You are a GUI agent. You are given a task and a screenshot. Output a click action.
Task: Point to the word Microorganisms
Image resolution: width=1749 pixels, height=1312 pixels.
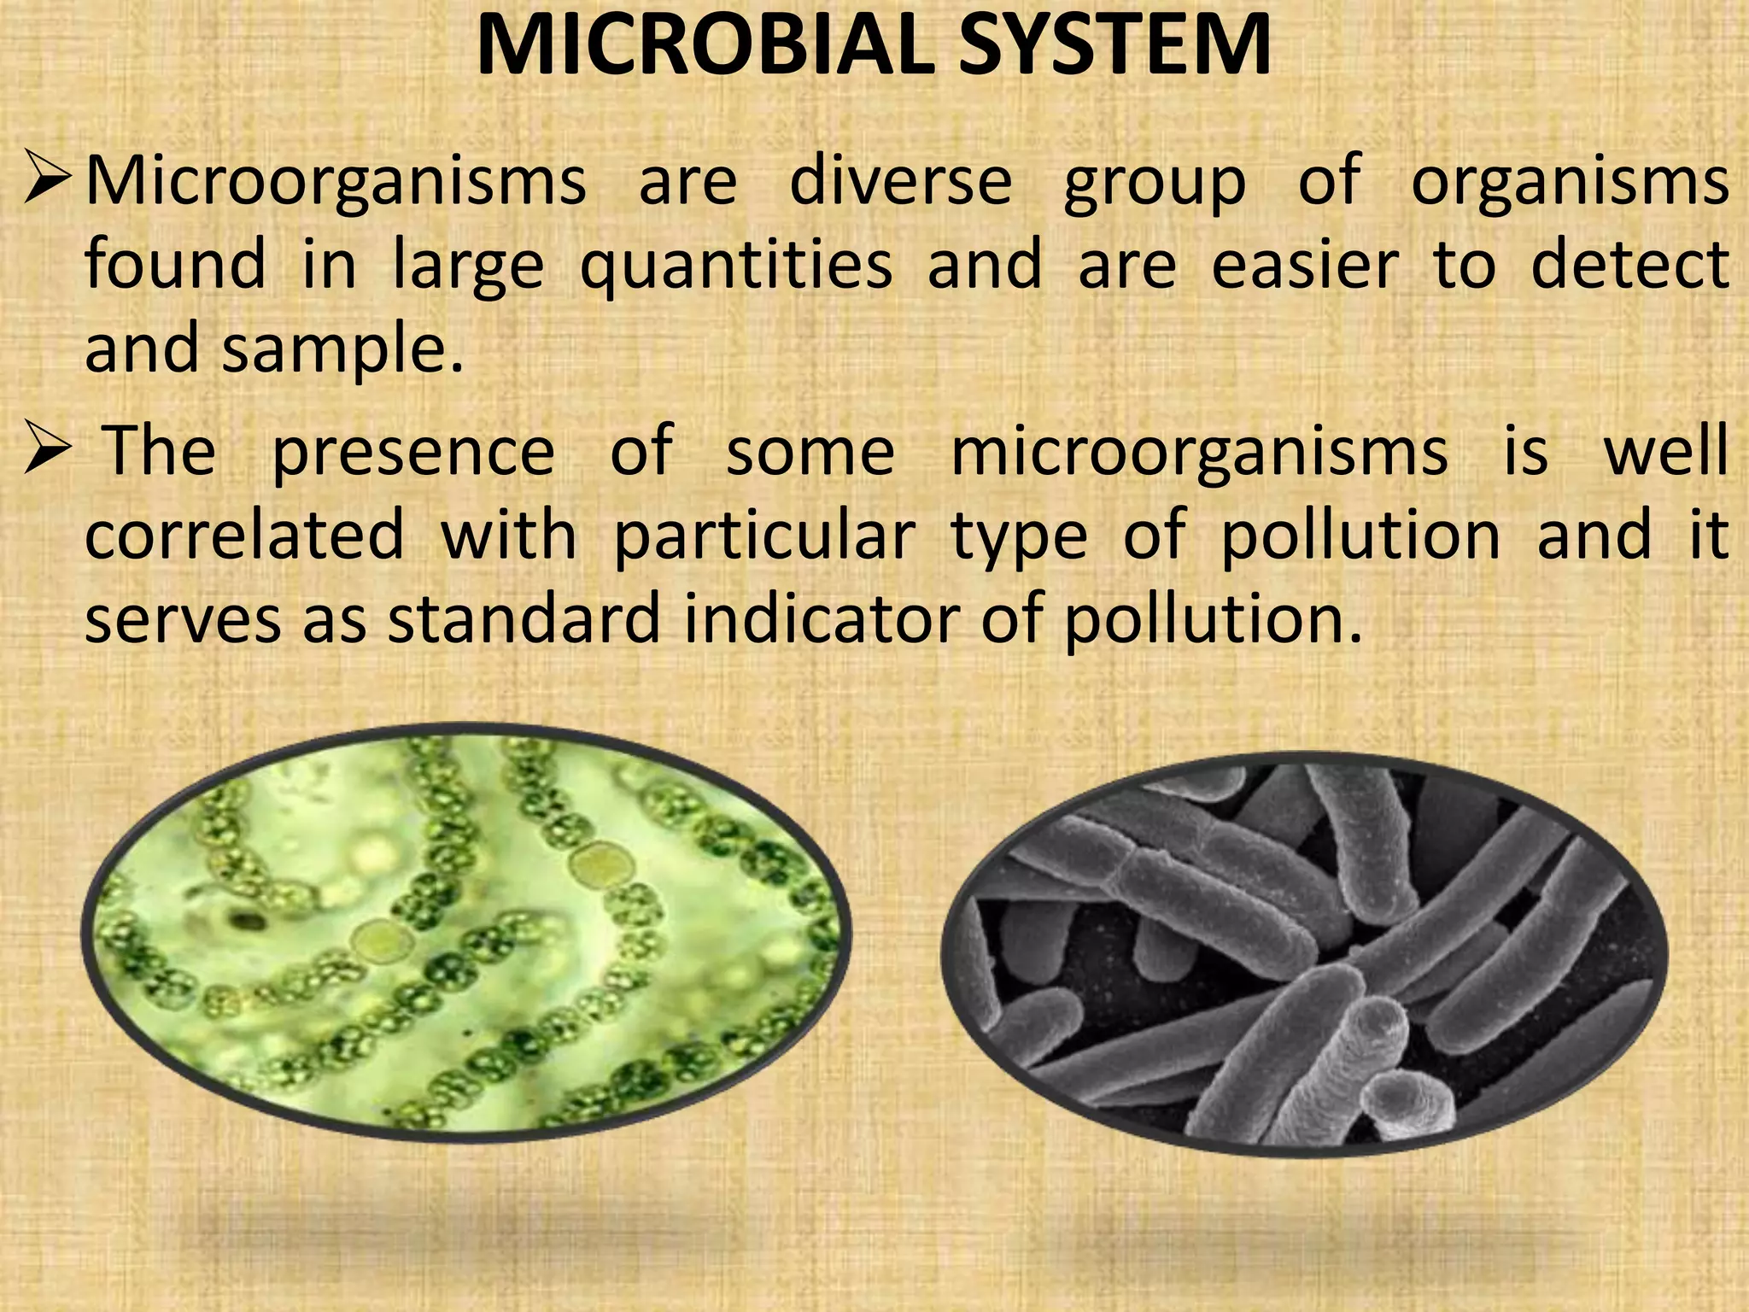(336, 181)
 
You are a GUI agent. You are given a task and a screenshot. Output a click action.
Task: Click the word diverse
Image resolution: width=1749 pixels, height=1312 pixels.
(900, 181)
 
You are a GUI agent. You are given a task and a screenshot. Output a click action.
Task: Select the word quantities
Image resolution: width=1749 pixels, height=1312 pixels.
(736, 267)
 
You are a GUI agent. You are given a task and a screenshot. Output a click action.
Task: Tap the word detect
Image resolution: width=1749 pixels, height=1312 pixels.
(1629, 266)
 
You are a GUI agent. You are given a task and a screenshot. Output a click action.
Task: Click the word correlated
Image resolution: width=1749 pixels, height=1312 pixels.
(244, 536)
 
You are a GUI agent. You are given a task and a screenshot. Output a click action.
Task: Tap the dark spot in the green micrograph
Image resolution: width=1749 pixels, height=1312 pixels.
(248, 921)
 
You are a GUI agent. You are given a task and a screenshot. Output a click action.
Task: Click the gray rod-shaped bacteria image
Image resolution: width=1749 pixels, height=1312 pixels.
(1303, 954)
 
